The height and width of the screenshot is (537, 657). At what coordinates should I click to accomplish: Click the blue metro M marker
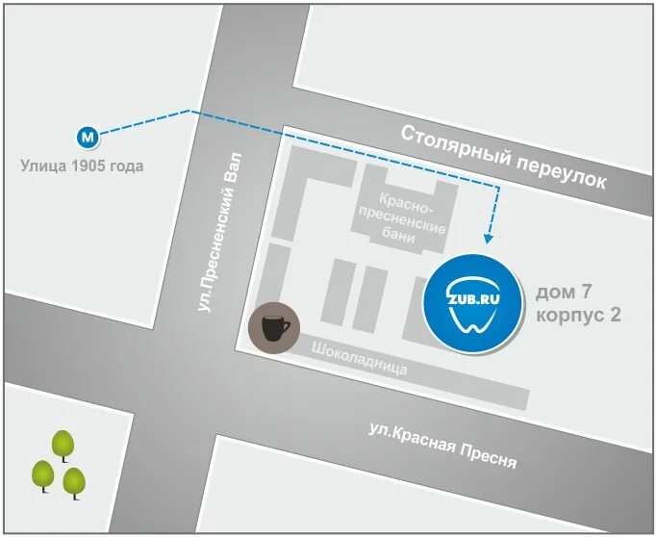click(x=88, y=136)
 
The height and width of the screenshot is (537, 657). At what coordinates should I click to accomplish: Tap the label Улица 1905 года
click(x=82, y=166)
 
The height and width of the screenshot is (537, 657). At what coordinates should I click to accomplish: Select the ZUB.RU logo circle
click(x=473, y=302)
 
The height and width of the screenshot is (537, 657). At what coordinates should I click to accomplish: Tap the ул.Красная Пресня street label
click(x=442, y=446)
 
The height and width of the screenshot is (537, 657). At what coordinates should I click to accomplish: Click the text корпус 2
click(x=577, y=315)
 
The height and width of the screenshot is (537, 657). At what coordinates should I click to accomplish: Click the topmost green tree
click(x=63, y=444)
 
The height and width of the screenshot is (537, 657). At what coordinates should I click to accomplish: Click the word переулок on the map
click(x=562, y=170)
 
